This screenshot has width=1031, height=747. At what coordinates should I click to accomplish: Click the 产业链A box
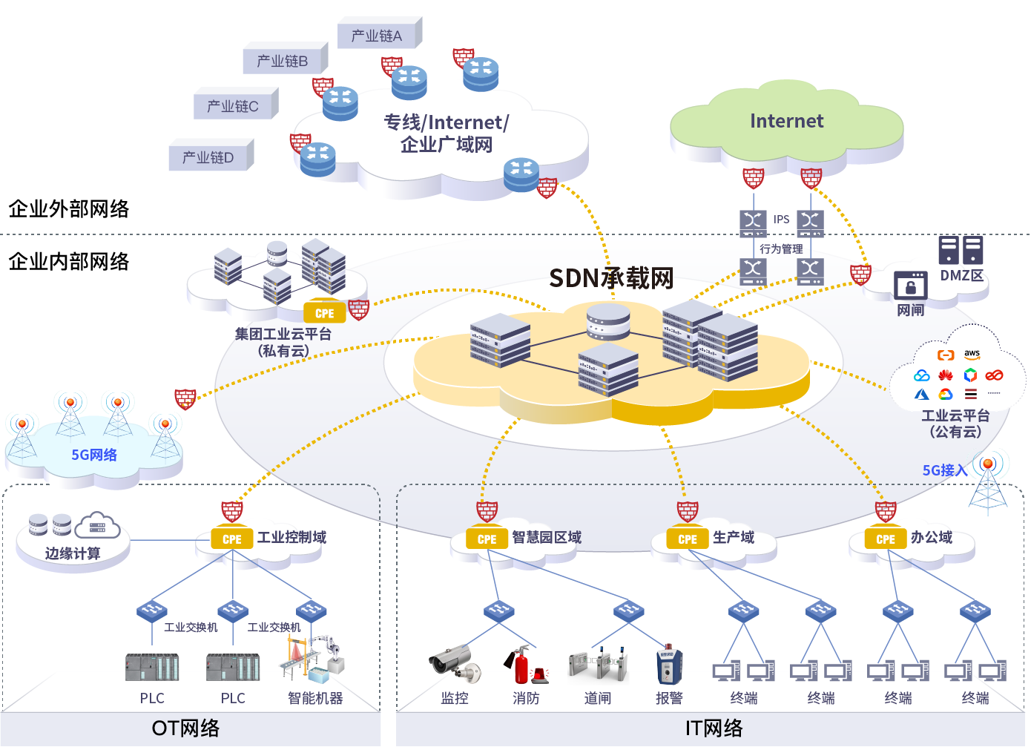coord(377,36)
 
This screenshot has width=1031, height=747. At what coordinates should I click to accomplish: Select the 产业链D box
coord(208,157)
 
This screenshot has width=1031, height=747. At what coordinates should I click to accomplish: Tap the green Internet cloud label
coord(786,121)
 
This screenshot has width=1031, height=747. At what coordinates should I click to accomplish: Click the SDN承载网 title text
coord(611,278)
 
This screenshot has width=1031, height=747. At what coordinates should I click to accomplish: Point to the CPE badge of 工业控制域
coord(231,539)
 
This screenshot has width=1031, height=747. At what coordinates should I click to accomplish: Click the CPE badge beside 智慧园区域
coord(487,539)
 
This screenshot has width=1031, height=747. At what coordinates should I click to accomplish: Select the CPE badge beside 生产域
coord(688,539)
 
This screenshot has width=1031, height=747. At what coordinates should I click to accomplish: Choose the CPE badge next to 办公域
coord(886,539)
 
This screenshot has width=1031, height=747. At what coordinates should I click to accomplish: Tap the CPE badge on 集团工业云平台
coord(324,313)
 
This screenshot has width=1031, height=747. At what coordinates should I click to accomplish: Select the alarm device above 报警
coord(668,665)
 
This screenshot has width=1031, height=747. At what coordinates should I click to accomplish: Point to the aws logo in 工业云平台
coord(972,355)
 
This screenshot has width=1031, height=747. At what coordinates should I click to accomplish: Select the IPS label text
coord(781,220)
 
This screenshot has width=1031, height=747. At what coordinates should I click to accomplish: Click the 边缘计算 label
coord(73,553)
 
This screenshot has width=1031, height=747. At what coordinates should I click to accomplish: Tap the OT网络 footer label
coord(185,728)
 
